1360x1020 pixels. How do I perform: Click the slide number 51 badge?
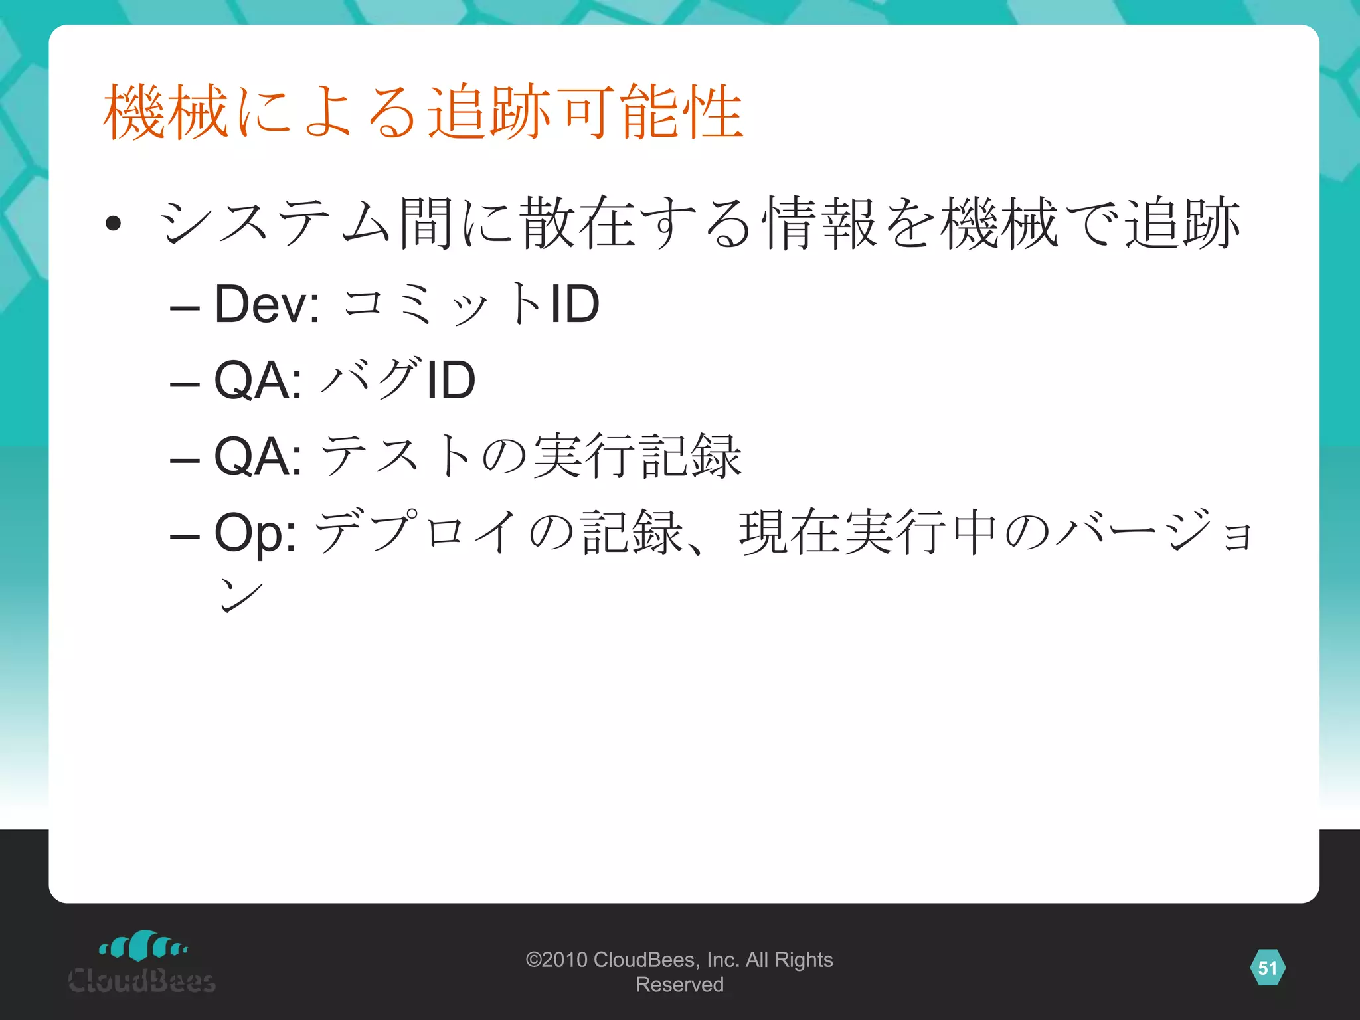pos(1267,968)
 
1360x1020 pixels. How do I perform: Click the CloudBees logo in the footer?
pos(142,963)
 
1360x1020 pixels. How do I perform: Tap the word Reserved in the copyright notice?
pos(679,985)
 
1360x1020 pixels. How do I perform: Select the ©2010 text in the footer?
pos(556,960)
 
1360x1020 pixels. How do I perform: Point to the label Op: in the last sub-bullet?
pos(255,533)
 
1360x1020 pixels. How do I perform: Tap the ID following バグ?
pos(451,380)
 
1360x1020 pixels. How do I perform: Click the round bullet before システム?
pos(113,223)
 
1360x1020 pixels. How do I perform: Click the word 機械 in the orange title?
pos(166,113)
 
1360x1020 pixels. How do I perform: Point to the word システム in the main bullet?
pos(276,223)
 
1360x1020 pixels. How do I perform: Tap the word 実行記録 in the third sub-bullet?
pos(637,456)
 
